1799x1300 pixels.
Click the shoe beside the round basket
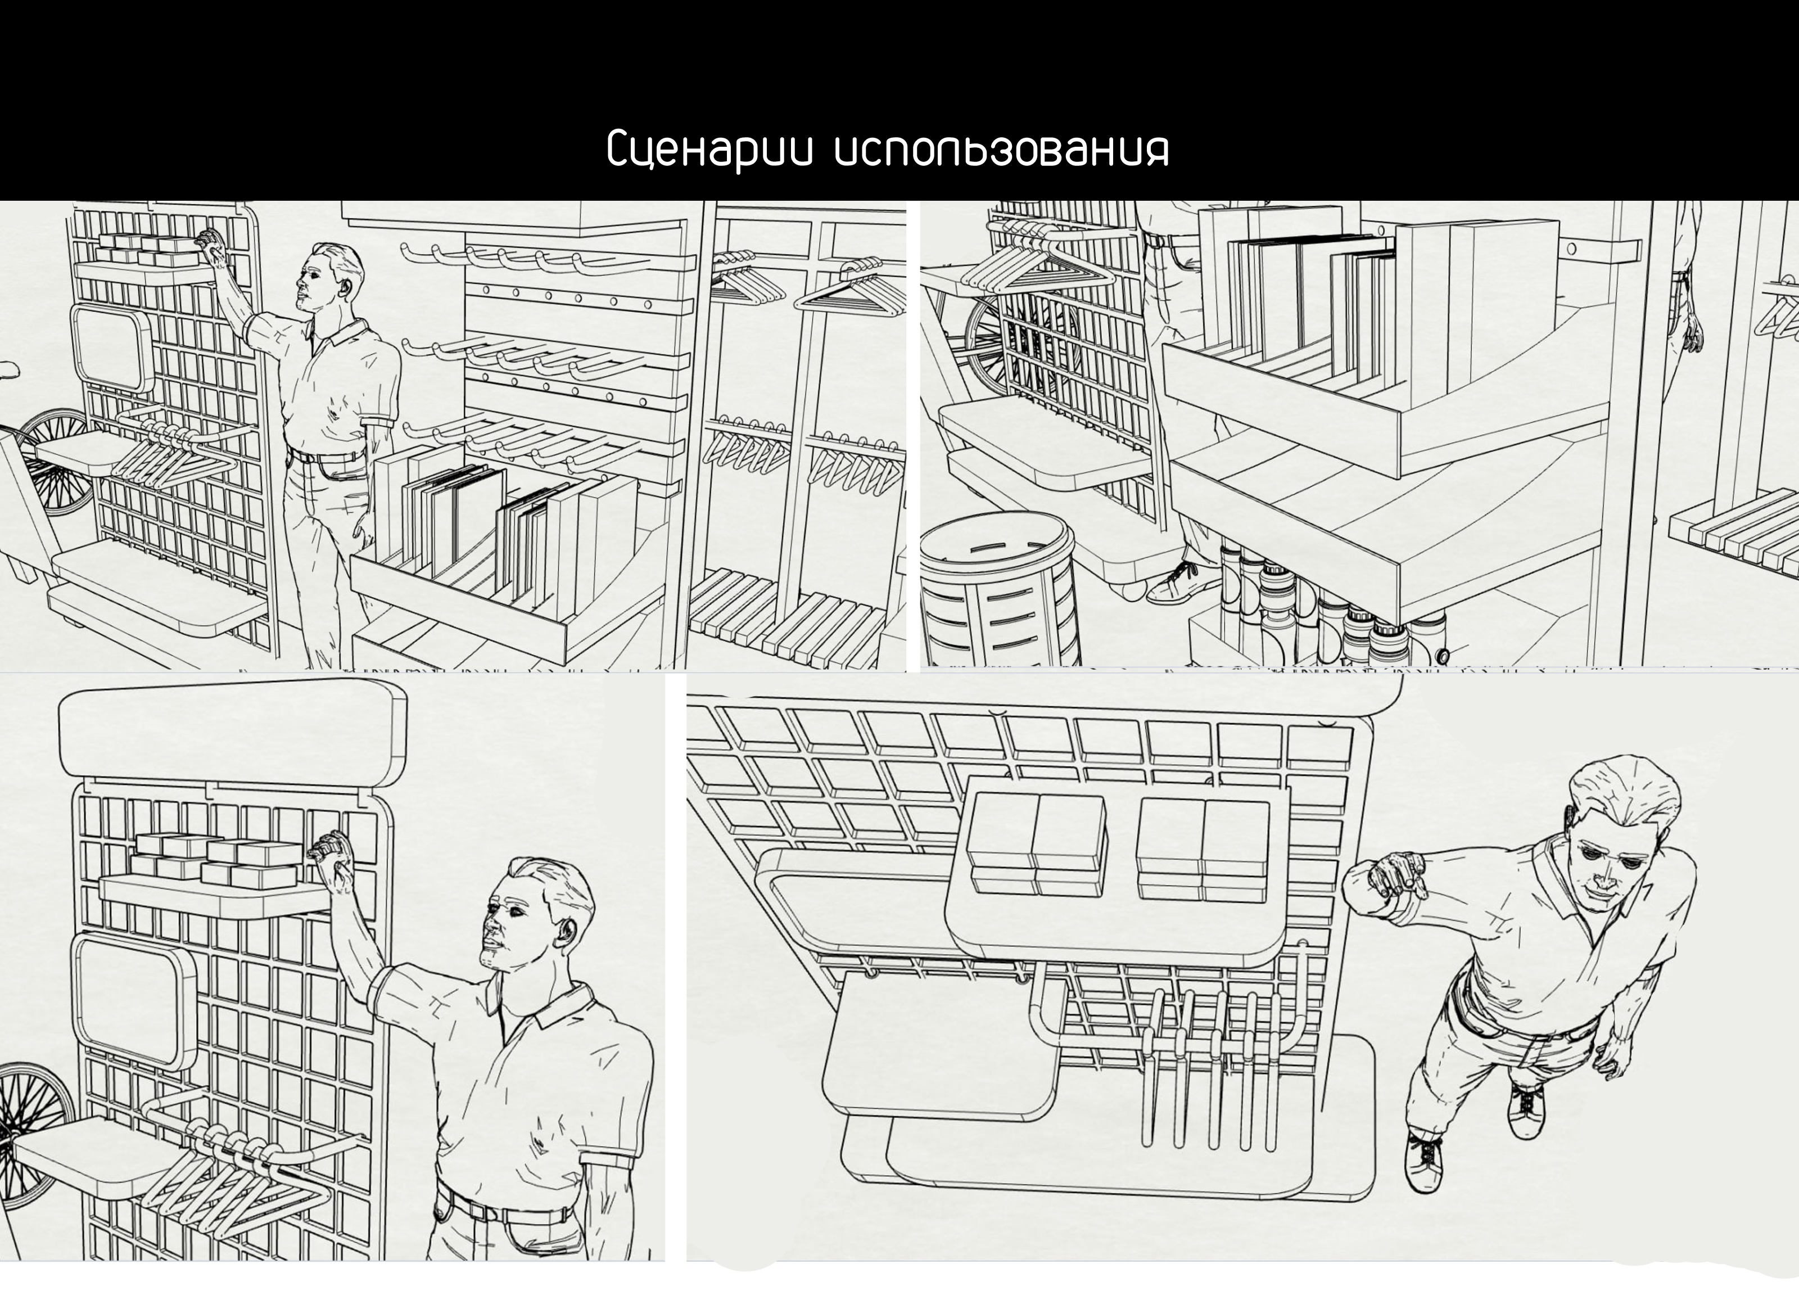tap(1182, 583)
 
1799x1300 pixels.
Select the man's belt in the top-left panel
tap(325, 456)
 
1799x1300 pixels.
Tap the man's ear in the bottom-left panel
tap(566, 932)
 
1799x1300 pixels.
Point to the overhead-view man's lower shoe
tap(1424, 1162)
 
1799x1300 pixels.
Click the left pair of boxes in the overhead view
tap(1035, 845)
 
